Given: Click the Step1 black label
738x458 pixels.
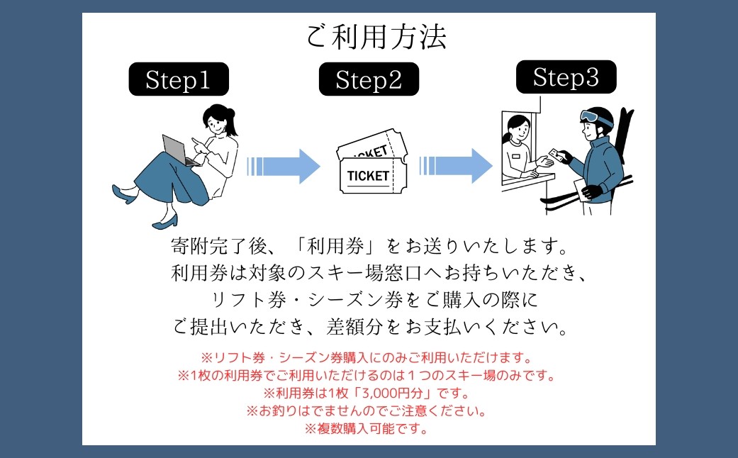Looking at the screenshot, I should pyautogui.click(x=178, y=79).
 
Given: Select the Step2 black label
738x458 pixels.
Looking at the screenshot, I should pyautogui.click(x=369, y=79).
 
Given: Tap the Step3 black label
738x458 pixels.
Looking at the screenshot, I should pyautogui.click(x=565, y=77).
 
